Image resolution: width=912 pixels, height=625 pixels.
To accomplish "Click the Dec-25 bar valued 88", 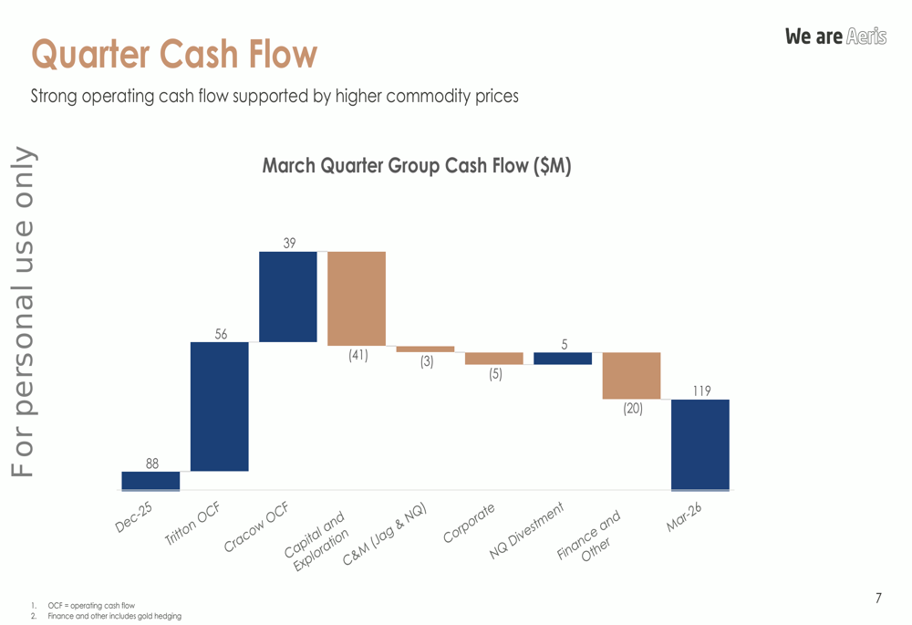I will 150,481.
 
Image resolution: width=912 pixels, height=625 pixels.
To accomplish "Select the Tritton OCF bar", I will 219,406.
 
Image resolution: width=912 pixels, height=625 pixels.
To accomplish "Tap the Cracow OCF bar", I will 287,297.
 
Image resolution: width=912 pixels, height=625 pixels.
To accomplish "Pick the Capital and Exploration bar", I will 357,297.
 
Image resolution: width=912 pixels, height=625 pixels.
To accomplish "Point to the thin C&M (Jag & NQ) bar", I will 425,349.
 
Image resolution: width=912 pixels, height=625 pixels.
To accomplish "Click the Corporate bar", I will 493,359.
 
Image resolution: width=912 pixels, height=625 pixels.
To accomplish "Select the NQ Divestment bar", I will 563,359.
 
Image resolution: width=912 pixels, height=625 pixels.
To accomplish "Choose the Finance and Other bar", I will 631,376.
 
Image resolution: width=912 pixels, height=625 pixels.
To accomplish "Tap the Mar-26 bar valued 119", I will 700,444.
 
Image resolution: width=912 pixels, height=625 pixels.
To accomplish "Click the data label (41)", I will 358,356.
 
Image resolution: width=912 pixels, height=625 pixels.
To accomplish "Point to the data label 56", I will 221,334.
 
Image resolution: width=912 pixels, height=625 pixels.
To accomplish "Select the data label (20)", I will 632,409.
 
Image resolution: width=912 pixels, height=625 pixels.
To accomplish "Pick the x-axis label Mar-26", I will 683,518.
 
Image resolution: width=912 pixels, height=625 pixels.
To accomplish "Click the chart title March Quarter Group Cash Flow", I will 417,166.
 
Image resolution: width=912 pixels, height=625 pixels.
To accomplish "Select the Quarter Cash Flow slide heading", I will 173,54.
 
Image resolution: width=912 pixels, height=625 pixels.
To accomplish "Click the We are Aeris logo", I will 835,36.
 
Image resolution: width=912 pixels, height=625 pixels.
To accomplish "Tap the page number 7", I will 878,599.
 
